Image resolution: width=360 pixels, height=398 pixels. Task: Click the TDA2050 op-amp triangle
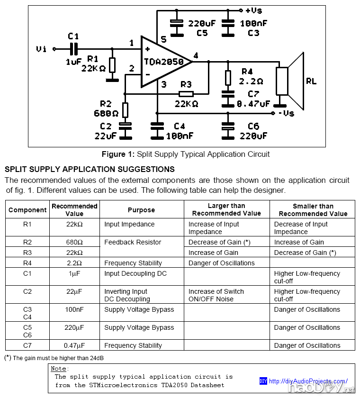(x=163, y=62)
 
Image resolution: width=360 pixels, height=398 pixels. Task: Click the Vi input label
(x=42, y=49)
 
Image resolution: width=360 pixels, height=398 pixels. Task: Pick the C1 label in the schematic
(x=73, y=36)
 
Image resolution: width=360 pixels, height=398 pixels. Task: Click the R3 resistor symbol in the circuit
(x=187, y=93)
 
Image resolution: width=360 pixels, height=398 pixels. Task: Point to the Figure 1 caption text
(x=186, y=154)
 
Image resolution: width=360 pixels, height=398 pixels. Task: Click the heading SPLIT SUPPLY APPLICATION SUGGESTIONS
(x=90, y=169)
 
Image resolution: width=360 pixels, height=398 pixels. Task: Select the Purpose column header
(x=141, y=210)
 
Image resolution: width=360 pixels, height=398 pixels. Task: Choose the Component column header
(x=27, y=210)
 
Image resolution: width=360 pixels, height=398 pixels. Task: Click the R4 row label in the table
(x=27, y=263)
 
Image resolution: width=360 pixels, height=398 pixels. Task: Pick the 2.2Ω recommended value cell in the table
(x=74, y=263)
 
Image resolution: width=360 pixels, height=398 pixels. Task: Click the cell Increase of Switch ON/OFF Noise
(x=216, y=295)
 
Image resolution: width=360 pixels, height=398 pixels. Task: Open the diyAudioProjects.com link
(x=308, y=381)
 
